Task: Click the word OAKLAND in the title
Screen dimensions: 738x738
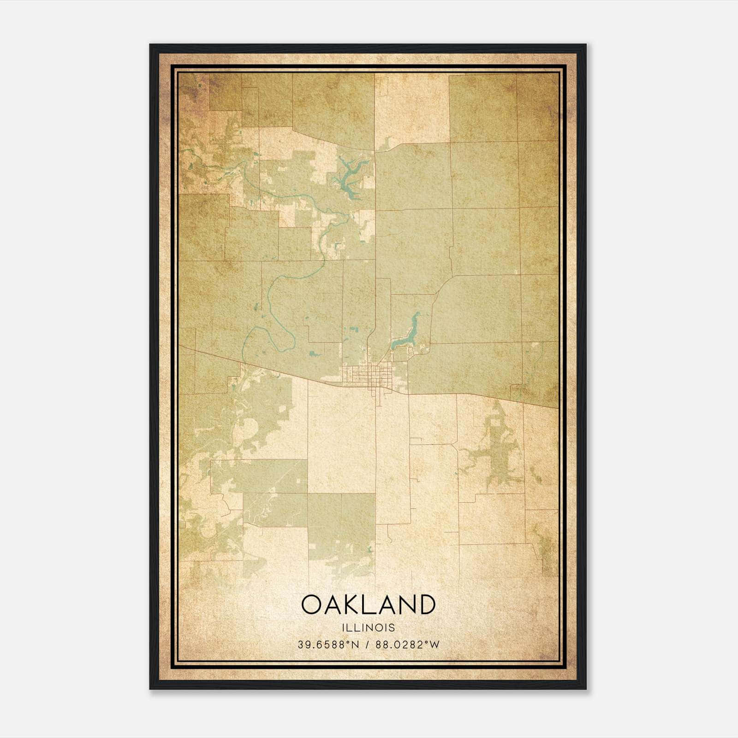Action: [368, 604]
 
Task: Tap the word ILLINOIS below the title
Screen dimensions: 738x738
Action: [368, 628]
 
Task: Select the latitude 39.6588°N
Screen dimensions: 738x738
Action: [328, 645]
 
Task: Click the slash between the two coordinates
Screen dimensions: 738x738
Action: [368, 645]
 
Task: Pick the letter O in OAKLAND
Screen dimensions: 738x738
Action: [313, 604]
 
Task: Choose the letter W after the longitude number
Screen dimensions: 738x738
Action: [434, 645]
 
